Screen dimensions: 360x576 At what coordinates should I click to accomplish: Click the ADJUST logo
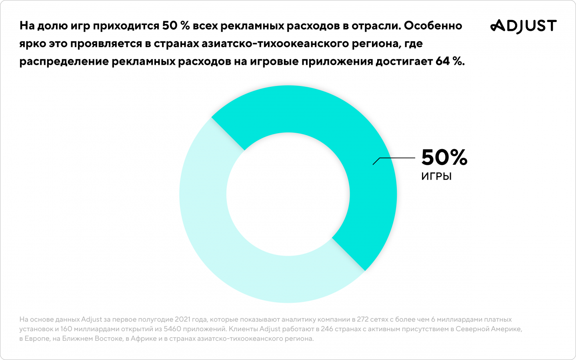[x=523, y=26]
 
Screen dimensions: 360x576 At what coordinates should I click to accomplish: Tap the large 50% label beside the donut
[x=444, y=157]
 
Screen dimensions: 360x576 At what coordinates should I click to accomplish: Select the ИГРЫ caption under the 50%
[x=436, y=176]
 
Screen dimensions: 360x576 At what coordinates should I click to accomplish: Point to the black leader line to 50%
[x=396, y=158]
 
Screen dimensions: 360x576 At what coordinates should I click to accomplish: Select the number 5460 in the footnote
[x=172, y=329]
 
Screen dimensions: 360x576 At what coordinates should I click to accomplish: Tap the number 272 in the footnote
[x=363, y=320]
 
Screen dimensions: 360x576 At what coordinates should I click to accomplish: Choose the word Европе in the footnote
[x=36, y=338]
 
